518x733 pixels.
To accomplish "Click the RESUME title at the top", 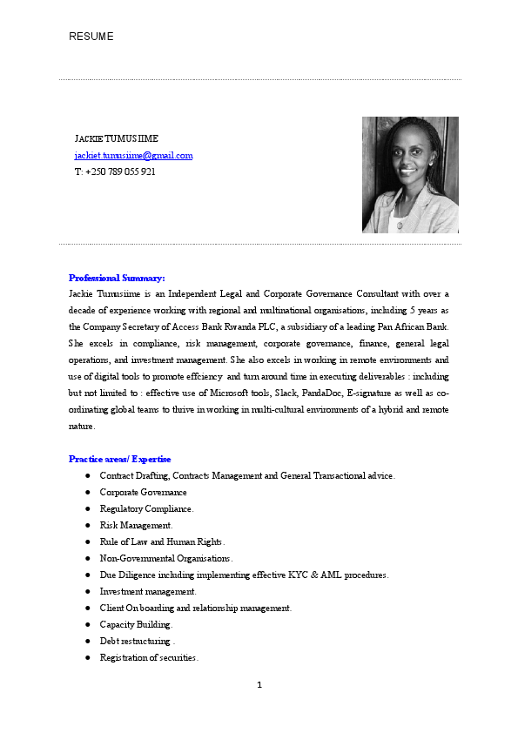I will click(x=91, y=37).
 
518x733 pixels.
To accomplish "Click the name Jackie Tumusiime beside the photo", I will click(x=117, y=138).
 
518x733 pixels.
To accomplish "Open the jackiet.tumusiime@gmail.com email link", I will click(x=133, y=155).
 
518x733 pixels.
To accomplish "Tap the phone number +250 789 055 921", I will click(x=116, y=171).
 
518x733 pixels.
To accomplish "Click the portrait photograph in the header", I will click(x=410, y=175).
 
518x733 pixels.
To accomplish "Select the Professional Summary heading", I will click(x=117, y=278).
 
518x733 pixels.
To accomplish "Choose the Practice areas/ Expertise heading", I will click(x=120, y=459).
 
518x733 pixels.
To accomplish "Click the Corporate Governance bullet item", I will click(x=143, y=492).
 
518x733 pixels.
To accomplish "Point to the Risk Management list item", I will click(x=136, y=525).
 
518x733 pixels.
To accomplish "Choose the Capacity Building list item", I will click(x=136, y=624).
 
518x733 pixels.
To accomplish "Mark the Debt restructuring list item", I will click(x=138, y=641).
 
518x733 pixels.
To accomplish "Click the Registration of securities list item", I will click(x=149, y=657).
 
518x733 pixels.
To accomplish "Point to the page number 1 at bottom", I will click(x=259, y=684).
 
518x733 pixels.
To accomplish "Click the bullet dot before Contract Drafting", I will click(x=89, y=476).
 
